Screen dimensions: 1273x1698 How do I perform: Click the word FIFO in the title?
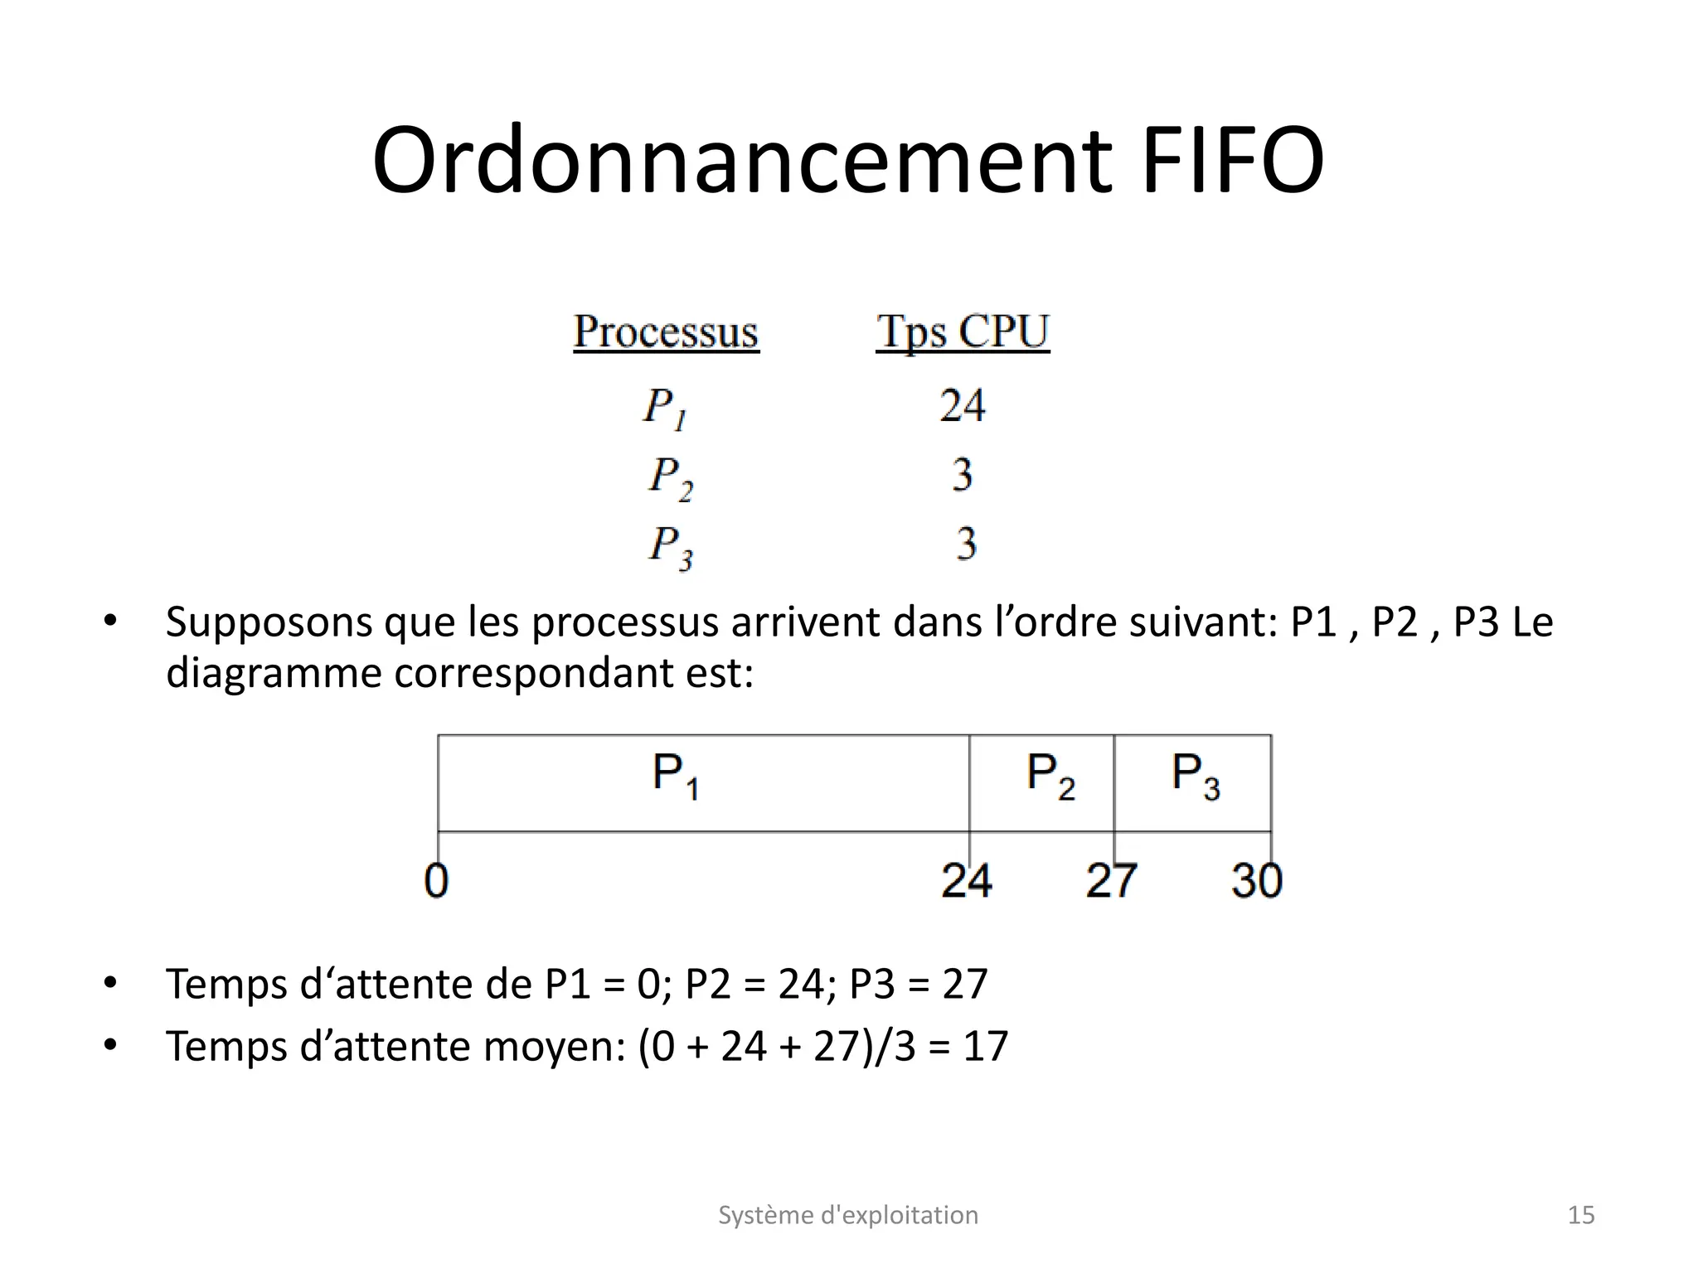point(1232,161)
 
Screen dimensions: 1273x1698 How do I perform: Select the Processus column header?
point(666,332)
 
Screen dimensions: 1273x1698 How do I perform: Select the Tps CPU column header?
point(963,332)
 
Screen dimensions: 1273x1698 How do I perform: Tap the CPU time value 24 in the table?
point(962,406)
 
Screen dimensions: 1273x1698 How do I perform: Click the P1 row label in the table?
point(665,409)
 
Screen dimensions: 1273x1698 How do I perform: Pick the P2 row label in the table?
point(670,478)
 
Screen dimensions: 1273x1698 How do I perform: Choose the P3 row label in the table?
point(670,547)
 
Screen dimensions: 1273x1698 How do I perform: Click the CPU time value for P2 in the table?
point(962,476)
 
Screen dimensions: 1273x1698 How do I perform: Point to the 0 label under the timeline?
point(436,880)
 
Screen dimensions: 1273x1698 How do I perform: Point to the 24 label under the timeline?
point(966,880)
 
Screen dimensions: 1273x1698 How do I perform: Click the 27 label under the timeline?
point(1111,880)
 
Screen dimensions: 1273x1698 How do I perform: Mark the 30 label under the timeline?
point(1256,880)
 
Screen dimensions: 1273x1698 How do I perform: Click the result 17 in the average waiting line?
point(985,1046)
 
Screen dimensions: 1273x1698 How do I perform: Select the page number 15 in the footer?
point(1581,1215)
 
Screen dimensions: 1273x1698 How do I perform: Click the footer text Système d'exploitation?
point(848,1215)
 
